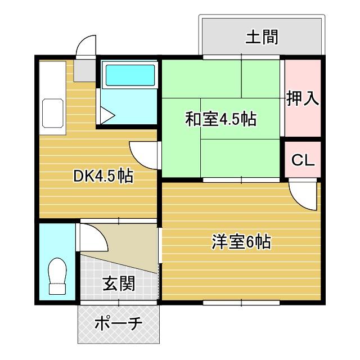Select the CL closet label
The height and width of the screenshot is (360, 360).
303,160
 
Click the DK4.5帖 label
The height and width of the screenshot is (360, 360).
103,176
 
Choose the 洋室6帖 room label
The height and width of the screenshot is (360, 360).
241,242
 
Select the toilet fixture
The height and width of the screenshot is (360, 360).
57,276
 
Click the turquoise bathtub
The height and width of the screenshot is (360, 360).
129,75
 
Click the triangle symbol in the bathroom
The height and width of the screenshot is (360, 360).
109,116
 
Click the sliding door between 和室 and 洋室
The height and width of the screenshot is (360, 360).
241,179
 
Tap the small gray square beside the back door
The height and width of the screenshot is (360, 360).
85,69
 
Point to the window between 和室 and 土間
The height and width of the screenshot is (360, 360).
241,57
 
